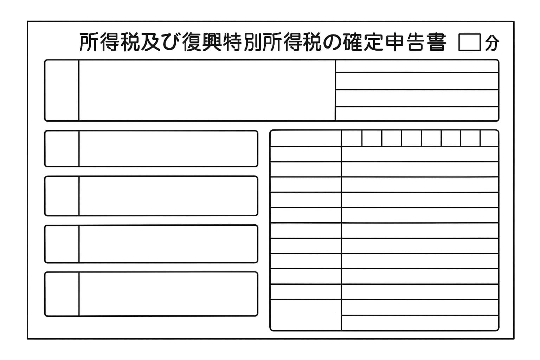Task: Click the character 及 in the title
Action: point(151,43)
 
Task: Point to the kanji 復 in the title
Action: point(192,43)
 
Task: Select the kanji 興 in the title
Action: point(212,43)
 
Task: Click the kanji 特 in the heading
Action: point(232,43)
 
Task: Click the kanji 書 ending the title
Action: point(436,43)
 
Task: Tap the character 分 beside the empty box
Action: point(492,43)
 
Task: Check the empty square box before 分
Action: point(470,42)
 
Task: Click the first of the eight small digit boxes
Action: point(352,138)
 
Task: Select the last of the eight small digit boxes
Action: point(489,138)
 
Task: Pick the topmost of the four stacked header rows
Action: point(417,66)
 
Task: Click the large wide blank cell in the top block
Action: point(207,90)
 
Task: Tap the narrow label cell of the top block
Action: point(62,90)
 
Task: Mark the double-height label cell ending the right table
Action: point(306,315)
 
